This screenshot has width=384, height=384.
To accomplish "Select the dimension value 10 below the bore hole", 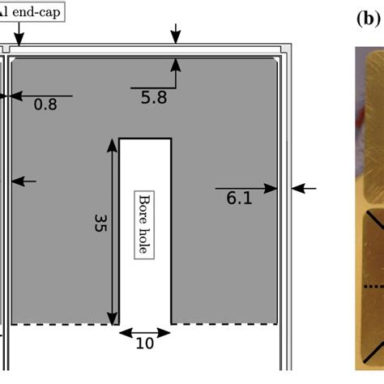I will [144, 343].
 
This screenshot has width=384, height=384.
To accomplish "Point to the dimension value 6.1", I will [239, 197].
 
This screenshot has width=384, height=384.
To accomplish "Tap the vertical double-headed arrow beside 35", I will [111, 231].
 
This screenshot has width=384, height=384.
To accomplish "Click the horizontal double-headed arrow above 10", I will [145, 331].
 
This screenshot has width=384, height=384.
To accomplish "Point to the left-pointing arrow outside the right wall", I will [304, 188].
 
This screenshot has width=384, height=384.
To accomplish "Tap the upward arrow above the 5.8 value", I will [177, 71].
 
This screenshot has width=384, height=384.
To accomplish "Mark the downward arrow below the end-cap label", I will [19, 34].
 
